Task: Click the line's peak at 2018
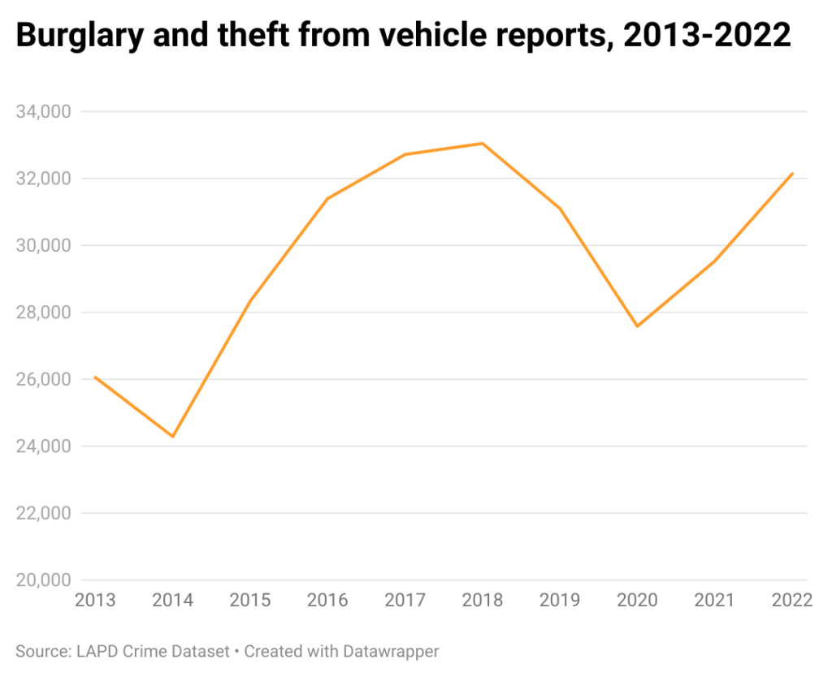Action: [x=483, y=144]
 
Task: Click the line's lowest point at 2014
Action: [x=172, y=437]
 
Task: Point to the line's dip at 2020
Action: [x=638, y=326]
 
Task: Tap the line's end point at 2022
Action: [x=792, y=173]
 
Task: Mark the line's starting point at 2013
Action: [x=95, y=377]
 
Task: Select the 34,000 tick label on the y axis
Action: [x=44, y=111]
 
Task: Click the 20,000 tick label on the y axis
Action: [x=44, y=580]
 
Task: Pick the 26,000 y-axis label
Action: [x=44, y=379]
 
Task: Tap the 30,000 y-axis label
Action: [x=44, y=245]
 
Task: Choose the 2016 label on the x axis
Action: [x=327, y=601]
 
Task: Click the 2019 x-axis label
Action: [x=560, y=601]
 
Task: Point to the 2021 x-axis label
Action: [x=715, y=601]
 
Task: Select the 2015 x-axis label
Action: [x=250, y=601]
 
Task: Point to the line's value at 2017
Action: [x=405, y=154]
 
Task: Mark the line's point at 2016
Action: [x=327, y=199]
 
